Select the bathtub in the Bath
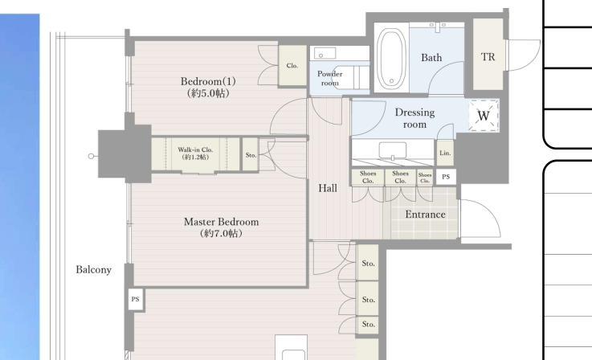391,59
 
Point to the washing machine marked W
484,116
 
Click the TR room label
488,57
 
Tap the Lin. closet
445,153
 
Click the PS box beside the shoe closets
446,177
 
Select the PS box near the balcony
136,299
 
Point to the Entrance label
425,215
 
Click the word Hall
328,188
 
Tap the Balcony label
94,270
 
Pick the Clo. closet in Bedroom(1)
292,66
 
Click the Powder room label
330,78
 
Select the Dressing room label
414,118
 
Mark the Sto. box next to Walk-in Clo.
251,155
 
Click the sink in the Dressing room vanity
393,151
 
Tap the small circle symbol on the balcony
91,156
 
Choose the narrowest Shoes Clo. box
425,178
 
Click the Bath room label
431,57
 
